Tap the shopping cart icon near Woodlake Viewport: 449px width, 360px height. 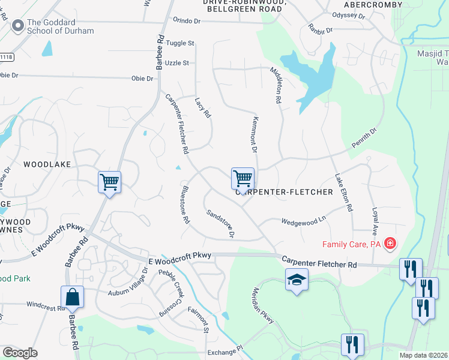(x=109, y=181)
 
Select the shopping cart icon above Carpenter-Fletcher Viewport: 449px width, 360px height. (x=243, y=178)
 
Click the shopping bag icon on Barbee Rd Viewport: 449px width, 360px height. (x=72, y=296)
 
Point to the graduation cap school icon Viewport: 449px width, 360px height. (x=297, y=280)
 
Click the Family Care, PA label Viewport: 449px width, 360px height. (x=352, y=244)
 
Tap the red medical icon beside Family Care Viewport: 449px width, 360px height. (x=390, y=243)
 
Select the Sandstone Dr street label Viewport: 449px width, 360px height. (x=220, y=223)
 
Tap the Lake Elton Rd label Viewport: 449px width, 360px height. (x=343, y=192)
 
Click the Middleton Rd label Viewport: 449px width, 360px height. (x=276, y=85)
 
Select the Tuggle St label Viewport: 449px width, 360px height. (x=181, y=43)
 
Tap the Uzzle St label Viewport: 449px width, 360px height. (x=178, y=62)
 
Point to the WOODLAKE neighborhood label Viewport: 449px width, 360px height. (x=47, y=164)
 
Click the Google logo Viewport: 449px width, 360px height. (x=20, y=353)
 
